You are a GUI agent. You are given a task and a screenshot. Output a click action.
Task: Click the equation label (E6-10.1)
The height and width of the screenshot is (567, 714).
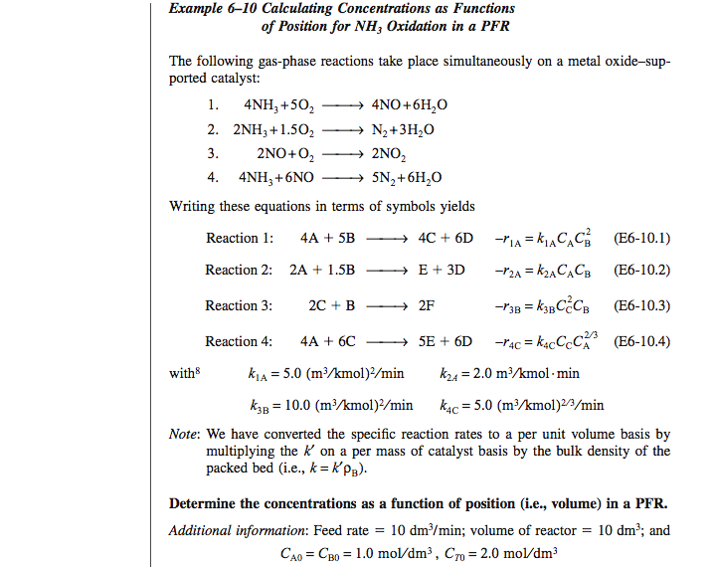642,238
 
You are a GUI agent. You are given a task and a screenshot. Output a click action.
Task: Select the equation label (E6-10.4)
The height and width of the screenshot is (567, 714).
642,341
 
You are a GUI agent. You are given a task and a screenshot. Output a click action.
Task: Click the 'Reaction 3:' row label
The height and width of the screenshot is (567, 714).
239,305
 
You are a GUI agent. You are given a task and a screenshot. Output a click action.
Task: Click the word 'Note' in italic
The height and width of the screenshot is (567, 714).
184,435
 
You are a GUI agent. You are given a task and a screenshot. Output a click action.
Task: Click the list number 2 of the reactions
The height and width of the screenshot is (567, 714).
213,129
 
